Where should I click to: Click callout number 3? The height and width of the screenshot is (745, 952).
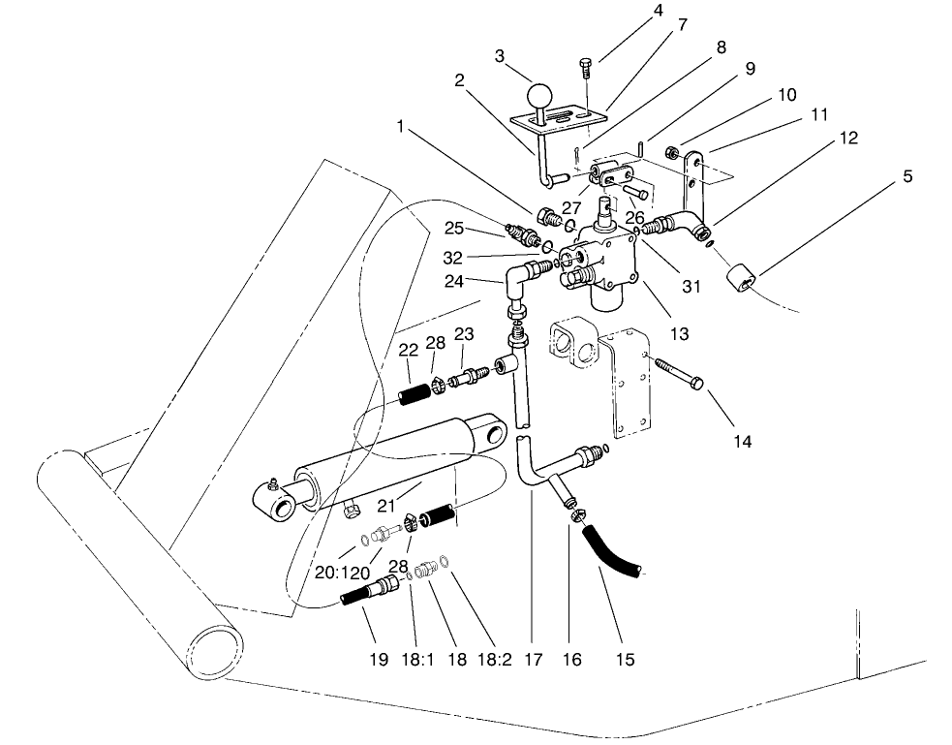[500, 56]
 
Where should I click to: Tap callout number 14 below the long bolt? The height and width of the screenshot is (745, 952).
[742, 441]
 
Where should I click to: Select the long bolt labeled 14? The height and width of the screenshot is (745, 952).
[682, 376]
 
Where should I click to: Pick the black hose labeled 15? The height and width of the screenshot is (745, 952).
[611, 549]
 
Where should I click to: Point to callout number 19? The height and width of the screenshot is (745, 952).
[378, 660]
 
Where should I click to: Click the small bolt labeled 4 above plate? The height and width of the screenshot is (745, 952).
[586, 70]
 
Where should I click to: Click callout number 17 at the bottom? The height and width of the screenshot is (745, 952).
[531, 660]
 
